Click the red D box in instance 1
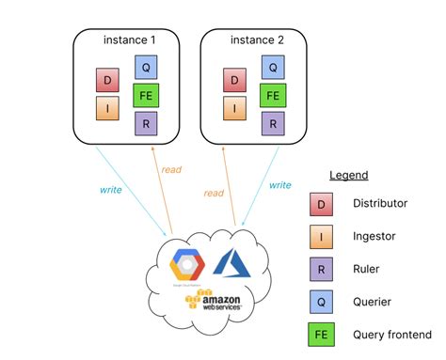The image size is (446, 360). coord(107,80)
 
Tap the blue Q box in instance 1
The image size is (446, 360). coord(146,67)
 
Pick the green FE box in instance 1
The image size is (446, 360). coord(146,95)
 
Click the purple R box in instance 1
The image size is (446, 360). coord(146,123)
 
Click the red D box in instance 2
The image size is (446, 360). coord(234,80)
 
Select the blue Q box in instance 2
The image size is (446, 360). coord(272,67)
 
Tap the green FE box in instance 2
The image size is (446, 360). coord(272,95)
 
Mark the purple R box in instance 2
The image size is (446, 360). coord(272,123)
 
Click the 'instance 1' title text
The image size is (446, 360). coord(129,39)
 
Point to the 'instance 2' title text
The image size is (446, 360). coord(256,39)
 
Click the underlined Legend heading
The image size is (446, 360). coord(348,175)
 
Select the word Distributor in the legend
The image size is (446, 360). coord(380,203)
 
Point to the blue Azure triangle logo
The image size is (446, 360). coord(231,260)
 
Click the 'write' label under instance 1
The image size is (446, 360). coord(110,189)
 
